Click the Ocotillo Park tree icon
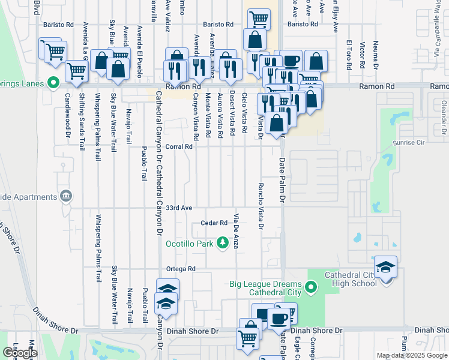point(223,242)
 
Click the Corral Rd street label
point(179,146)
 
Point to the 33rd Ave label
point(179,208)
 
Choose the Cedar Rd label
point(214,223)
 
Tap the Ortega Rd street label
point(182,269)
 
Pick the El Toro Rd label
point(349,54)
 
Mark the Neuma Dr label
point(376,54)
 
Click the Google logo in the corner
point(20,353)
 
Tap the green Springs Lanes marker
point(53,83)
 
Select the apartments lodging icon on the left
point(65,196)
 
